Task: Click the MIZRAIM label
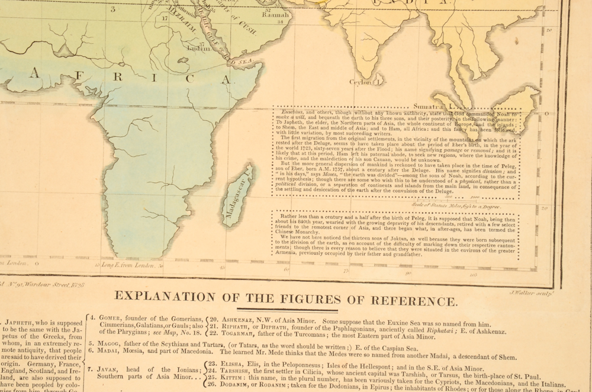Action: pos(184,25)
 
